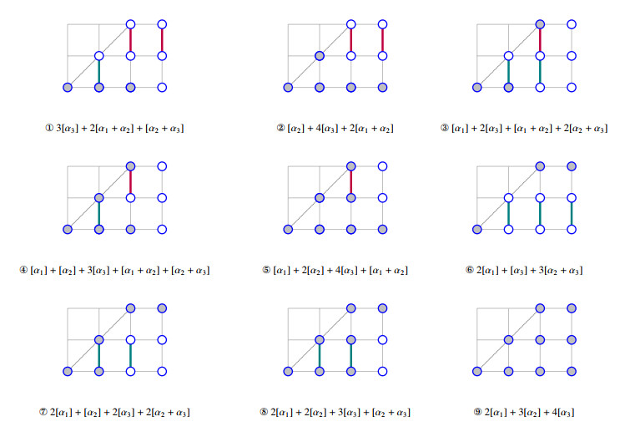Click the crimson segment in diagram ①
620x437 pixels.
[x=162, y=40]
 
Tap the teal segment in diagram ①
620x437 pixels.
[x=99, y=72]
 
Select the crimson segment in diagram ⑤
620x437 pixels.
[x=351, y=182]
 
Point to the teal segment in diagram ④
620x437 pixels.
[x=99, y=214]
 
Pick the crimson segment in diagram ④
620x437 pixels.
[x=131, y=182]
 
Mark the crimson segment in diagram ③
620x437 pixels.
[x=541, y=40]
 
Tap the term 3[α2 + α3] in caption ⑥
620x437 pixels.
[x=556, y=271]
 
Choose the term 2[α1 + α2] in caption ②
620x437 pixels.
[x=370, y=129]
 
